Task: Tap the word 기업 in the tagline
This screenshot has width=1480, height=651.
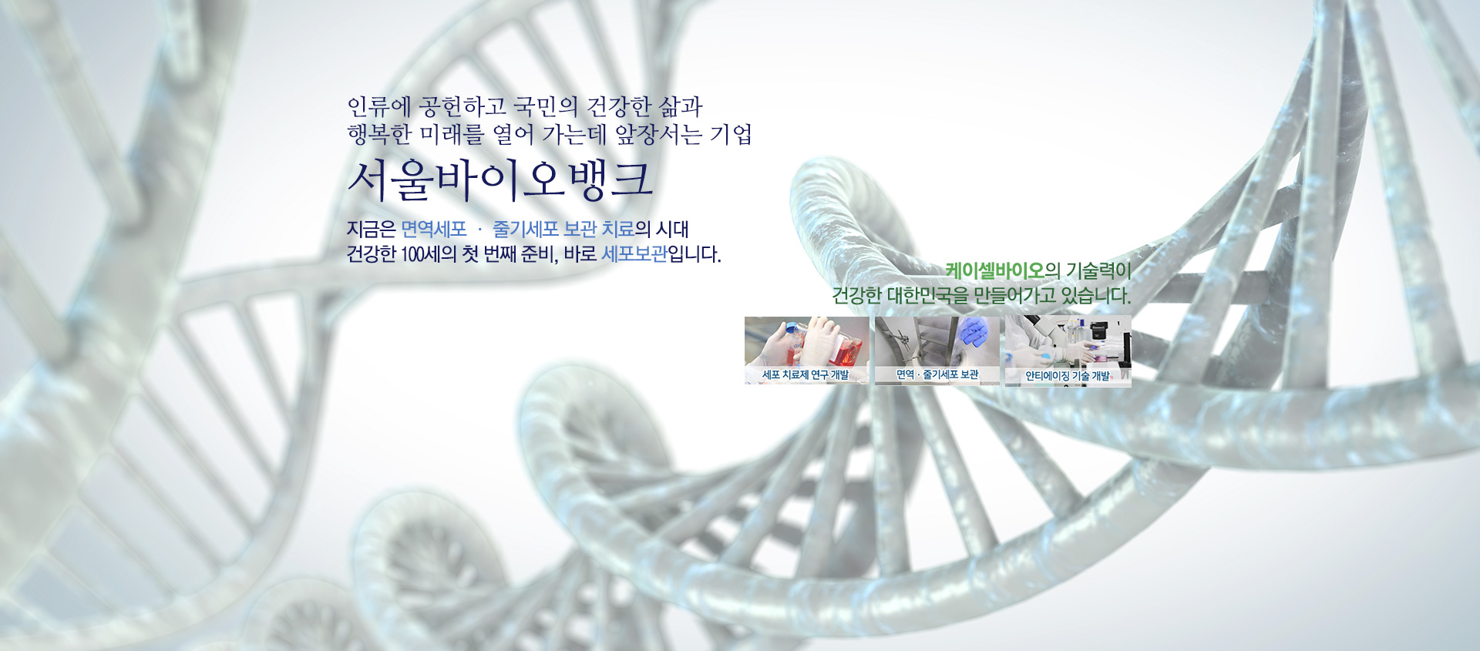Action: [x=731, y=134]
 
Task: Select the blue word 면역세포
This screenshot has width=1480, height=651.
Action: [x=434, y=229]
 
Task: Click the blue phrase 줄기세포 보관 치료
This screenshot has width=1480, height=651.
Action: [x=563, y=229]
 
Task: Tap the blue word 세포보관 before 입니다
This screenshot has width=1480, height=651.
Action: [x=634, y=253]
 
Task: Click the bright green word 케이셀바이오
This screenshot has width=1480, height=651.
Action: [x=994, y=270]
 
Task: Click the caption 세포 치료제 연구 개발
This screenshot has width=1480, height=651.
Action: [x=806, y=374]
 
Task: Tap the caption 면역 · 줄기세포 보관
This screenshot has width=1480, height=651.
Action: [x=937, y=374]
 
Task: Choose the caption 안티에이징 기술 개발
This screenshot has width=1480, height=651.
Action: [x=1068, y=376]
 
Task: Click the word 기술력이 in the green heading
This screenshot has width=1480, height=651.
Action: [x=1098, y=270]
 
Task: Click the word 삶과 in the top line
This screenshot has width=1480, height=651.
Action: [x=681, y=106]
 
